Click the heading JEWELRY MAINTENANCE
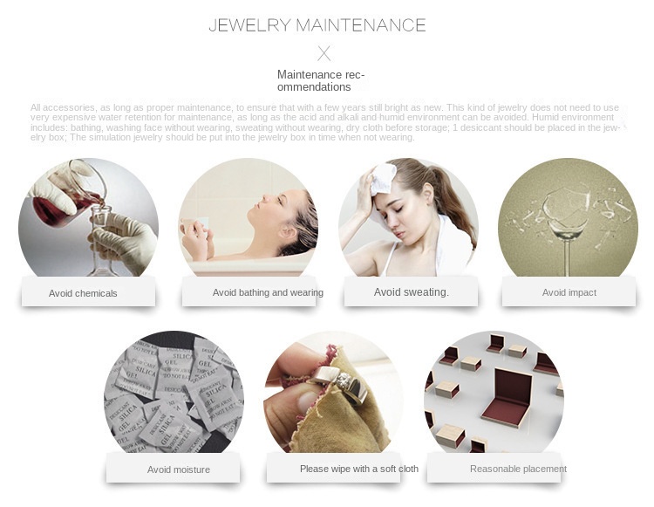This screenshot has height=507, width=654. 317,24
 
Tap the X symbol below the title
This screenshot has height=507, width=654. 324,53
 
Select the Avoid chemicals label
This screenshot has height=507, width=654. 83,293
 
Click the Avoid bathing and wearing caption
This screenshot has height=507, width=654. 268,292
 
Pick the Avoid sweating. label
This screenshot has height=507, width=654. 411,292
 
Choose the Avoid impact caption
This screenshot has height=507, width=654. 569,292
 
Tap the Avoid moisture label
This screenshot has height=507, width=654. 179,469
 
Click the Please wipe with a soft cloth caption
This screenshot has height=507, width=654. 358,469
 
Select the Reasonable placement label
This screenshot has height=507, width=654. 518,469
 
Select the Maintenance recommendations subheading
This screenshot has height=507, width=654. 321,80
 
